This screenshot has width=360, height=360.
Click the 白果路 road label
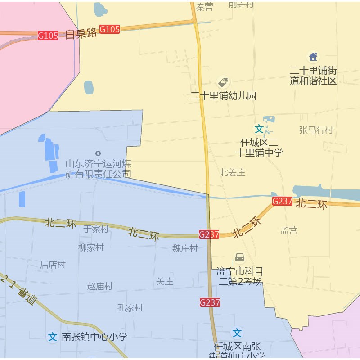(81, 33)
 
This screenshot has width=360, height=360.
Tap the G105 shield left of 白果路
(48, 36)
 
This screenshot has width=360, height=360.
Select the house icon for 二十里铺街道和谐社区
(313, 57)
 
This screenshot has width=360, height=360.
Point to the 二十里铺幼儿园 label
(223, 95)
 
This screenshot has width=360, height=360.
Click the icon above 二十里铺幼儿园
(223, 82)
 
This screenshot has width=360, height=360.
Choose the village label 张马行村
(316, 130)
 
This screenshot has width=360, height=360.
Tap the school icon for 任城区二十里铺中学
(259, 129)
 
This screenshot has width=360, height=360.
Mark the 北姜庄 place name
(232, 172)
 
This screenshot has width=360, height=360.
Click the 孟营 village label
(289, 230)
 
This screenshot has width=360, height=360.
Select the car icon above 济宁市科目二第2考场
(240, 257)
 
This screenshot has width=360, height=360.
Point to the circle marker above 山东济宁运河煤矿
(98, 153)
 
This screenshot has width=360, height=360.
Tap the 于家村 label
(96, 229)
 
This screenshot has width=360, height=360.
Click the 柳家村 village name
(91, 247)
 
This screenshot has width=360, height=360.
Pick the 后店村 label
(53, 265)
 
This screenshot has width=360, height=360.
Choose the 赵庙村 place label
(100, 286)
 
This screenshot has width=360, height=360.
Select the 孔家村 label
(130, 308)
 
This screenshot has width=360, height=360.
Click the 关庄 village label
(164, 282)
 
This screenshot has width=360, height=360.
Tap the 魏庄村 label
(185, 248)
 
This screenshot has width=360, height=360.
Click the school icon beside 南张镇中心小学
(53, 337)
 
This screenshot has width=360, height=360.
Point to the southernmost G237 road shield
(210, 302)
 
